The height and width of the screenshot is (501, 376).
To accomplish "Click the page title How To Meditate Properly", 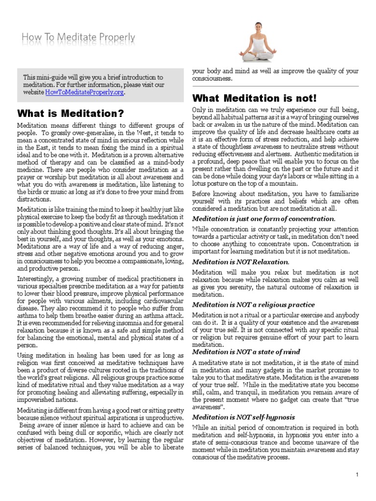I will click(x=79, y=38).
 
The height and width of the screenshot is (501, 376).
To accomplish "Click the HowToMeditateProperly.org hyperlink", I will click(x=85, y=92).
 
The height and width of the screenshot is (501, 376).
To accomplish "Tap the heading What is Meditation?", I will click(x=70, y=114).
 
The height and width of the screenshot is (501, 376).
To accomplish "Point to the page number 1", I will click(x=358, y=475).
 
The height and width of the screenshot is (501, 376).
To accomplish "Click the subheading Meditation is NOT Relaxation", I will click(x=240, y=262).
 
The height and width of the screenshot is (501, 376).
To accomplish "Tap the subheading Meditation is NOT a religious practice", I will click(x=253, y=304).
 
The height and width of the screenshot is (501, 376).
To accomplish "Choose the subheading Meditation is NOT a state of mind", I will click(x=246, y=351).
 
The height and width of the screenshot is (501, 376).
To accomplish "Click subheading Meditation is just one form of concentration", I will click(x=263, y=218).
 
